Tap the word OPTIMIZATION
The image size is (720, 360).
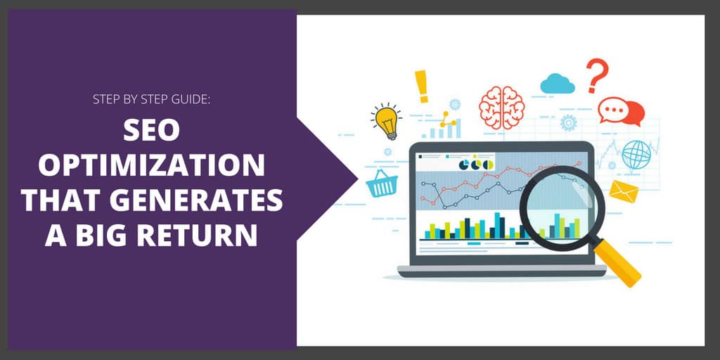click(152, 168)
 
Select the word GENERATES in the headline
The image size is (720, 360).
click(208, 201)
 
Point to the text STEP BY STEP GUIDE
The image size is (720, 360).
click(152, 98)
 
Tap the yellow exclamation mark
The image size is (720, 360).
click(422, 86)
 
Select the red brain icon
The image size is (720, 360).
click(501, 107)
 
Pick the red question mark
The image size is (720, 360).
click(596, 75)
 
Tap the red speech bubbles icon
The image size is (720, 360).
click(621, 112)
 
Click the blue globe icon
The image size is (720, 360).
click(636, 155)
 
